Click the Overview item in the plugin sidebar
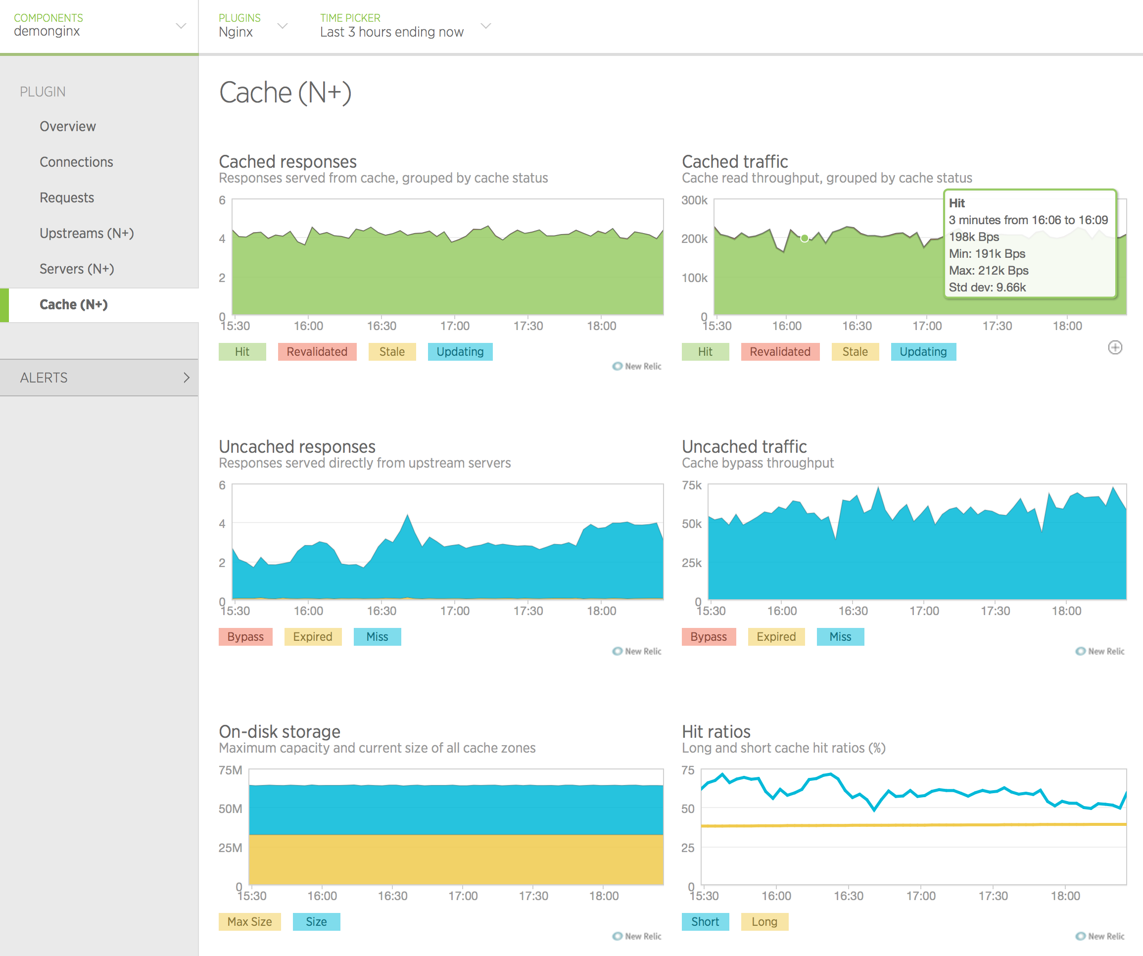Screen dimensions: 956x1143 (67, 126)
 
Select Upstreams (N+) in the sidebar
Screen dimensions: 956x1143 (87, 233)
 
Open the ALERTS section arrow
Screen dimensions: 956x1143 (186, 377)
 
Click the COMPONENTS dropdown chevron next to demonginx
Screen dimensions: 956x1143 (181, 26)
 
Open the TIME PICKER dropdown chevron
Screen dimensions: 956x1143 (486, 26)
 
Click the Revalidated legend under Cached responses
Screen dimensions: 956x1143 (317, 352)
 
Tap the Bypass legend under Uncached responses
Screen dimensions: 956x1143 (245, 636)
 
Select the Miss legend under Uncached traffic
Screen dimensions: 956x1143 (840, 636)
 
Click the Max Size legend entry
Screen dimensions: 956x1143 (249, 922)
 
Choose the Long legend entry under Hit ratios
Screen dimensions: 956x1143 (764, 922)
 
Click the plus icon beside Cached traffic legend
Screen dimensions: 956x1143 (1115, 347)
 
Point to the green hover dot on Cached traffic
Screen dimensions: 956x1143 (805, 238)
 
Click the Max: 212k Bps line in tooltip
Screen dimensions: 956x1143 (989, 271)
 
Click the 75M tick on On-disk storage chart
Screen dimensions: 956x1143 (230, 770)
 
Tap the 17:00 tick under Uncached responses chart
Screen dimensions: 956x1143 (454, 611)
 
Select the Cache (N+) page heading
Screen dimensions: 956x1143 (285, 93)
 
